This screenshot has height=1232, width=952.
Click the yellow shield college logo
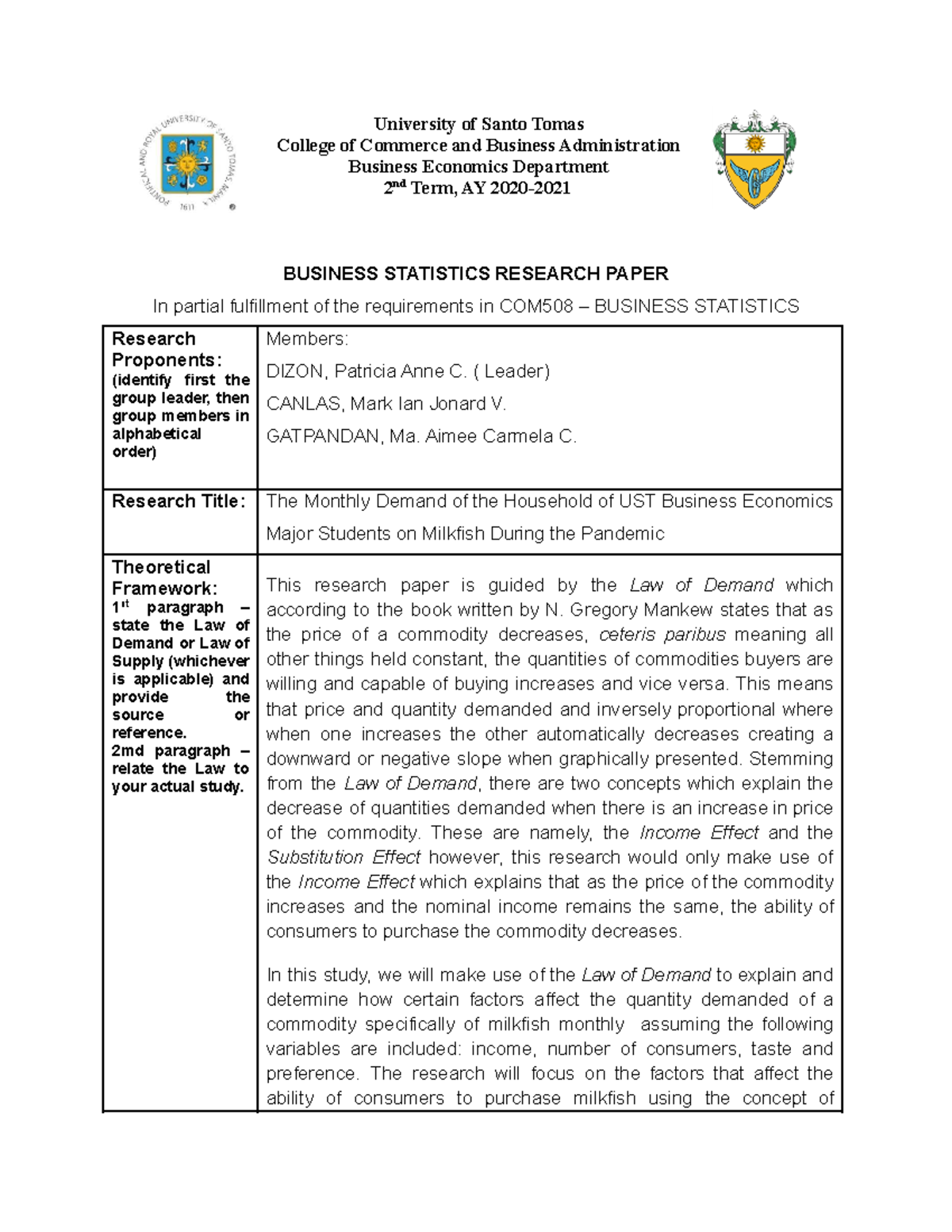click(x=754, y=159)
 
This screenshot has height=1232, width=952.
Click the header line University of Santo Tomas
click(x=478, y=124)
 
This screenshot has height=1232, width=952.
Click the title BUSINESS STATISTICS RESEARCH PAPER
click(x=476, y=274)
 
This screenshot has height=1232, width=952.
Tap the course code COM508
click(x=535, y=306)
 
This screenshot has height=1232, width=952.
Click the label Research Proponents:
click(x=166, y=350)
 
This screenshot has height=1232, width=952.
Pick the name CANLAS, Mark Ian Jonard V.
click(x=386, y=404)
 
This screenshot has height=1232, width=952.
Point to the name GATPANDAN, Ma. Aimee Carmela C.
click(x=421, y=436)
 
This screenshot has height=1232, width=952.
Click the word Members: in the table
click(x=307, y=340)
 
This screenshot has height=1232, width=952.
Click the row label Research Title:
click(x=178, y=501)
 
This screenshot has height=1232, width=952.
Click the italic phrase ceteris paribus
click(x=662, y=635)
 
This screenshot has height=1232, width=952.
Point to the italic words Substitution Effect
click(x=344, y=858)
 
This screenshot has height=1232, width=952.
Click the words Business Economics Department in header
click(x=478, y=167)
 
